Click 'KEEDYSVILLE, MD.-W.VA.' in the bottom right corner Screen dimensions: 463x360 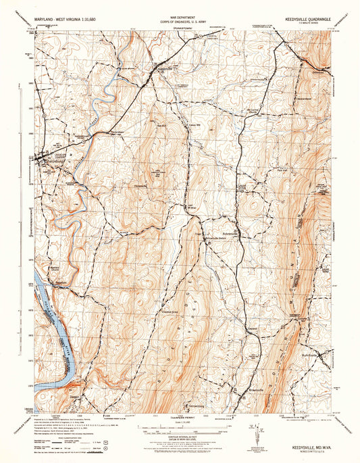(304, 446)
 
